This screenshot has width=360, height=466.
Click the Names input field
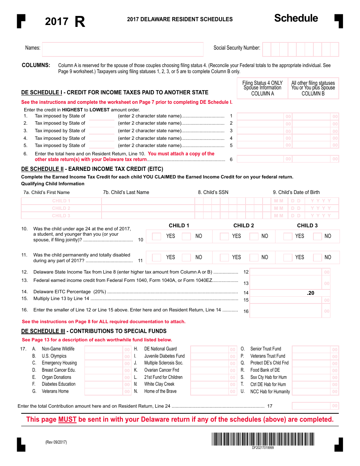click(122, 49)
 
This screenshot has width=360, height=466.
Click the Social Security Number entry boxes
click(300, 49)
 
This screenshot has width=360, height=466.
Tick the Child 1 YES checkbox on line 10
click(157, 236)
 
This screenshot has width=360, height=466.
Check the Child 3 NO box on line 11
click(317, 258)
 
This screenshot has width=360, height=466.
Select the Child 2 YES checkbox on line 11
click(224, 258)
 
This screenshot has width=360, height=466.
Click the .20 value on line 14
click(310, 293)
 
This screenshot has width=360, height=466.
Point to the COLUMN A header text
click(262, 94)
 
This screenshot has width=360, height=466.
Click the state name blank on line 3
click(101, 131)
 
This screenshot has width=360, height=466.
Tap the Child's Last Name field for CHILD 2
click(148, 208)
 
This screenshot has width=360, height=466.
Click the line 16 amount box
click(290, 311)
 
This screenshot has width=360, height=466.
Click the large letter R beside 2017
click(80, 22)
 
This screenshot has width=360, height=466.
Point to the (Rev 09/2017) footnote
click(56, 442)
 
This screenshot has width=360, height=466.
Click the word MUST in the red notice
click(67, 419)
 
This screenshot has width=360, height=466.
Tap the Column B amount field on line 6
click(313, 159)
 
